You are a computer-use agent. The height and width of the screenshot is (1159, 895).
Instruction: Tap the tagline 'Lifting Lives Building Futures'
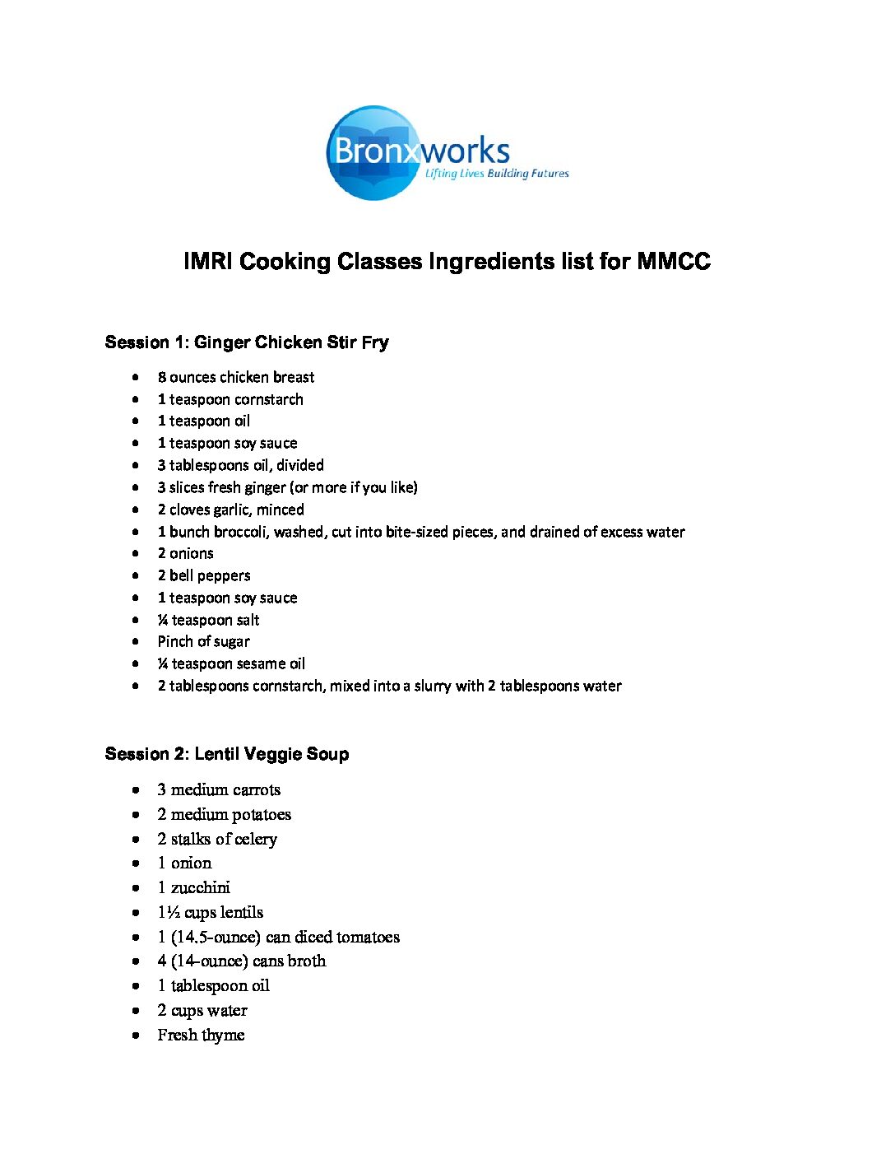click(497, 174)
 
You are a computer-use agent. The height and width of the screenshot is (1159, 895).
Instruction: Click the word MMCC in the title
click(674, 262)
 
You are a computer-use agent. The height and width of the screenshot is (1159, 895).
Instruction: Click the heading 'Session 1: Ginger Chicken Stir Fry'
click(247, 342)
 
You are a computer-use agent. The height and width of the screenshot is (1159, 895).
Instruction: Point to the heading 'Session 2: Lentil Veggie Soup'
click(227, 754)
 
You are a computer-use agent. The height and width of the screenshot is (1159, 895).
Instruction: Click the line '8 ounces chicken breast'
click(236, 377)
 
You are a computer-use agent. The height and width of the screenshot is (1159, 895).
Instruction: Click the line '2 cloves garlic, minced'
click(231, 510)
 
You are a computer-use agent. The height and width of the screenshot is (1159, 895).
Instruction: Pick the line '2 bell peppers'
click(204, 575)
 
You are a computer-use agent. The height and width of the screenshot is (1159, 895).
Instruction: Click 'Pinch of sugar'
click(204, 641)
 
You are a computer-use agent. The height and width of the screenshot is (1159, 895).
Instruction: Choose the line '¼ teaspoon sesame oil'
click(231, 663)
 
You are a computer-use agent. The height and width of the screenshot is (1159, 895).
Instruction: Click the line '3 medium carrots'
click(219, 789)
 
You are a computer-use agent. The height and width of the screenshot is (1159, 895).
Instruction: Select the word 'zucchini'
click(201, 887)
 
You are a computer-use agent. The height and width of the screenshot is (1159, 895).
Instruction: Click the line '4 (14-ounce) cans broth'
click(242, 961)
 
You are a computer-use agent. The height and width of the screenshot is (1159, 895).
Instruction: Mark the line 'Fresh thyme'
click(202, 1035)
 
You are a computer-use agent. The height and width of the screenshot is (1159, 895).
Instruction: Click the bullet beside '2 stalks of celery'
click(136, 839)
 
